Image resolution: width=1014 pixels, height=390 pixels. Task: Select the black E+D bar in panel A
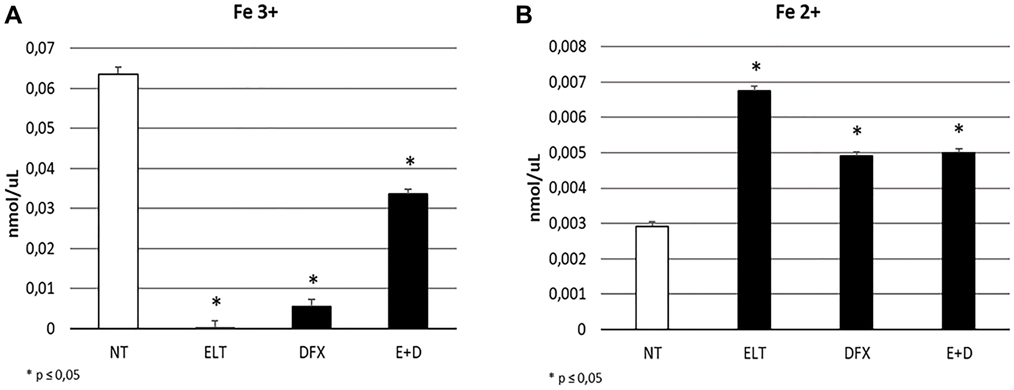pyautogui.click(x=408, y=261)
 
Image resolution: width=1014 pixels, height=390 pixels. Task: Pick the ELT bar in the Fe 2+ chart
pyautogui.click(x=754, y=210)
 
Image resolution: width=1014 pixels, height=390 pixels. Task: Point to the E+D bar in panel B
pyautogui.click(x=958, y=241)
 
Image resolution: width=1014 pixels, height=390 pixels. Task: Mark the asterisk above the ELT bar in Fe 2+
pyautogui.click(x=756, y=67)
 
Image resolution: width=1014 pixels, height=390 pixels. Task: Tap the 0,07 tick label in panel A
pyautogui.click(x=40, y=49)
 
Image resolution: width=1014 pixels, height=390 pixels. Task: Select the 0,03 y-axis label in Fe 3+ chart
pyautogui.click(x=40, y=208)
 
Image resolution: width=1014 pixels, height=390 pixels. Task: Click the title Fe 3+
pyautogui.click(x=256, y=13)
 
